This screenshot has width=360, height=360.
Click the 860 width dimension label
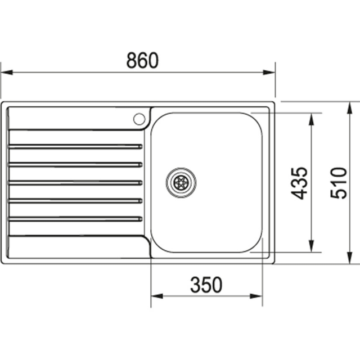coord(142,60)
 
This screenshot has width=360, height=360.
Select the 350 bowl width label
coord(206,285)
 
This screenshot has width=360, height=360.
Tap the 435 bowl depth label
coord(299,183)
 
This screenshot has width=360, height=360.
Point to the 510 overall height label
coord(339,183)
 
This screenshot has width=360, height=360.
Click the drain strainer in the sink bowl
coord(181,183)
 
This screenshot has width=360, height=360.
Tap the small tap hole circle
coord(139,119)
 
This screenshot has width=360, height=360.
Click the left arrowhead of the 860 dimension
coord(7,73)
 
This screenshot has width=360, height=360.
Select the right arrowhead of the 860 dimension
coord(269,73)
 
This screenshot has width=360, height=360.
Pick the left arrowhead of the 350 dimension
coord(157,296)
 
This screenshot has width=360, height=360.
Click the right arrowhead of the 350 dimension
coord(256,296)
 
